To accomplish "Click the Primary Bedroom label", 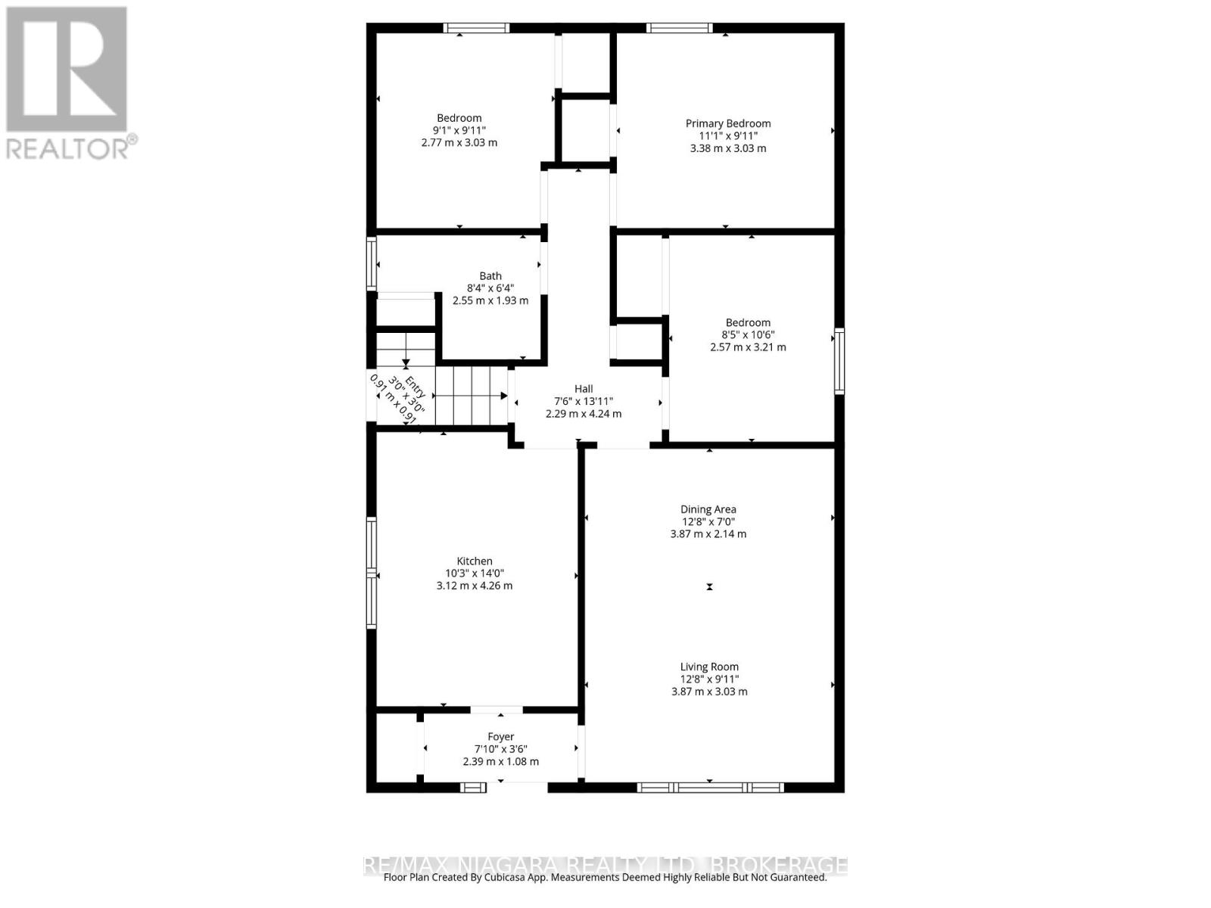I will [728, 123].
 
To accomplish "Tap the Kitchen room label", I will [475, 561].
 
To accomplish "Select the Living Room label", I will [709, 667].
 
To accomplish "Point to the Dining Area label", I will [708, 509].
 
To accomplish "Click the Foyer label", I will [500, 736].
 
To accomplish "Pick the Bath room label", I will [490, 276].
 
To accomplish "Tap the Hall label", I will [584, 389].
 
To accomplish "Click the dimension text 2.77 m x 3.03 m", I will [459, 142].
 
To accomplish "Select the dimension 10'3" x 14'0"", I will [475, 574].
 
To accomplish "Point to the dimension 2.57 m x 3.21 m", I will [748, 347].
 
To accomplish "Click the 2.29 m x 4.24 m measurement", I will [584, 414].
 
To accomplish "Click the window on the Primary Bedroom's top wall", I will [679, 29].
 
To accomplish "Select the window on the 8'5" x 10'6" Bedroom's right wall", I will [839, 361].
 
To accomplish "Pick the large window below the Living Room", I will [710, 788].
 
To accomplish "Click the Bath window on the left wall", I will [372, 264].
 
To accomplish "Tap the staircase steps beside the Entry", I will [472, 396].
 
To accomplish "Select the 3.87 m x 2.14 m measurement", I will [708, 533].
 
